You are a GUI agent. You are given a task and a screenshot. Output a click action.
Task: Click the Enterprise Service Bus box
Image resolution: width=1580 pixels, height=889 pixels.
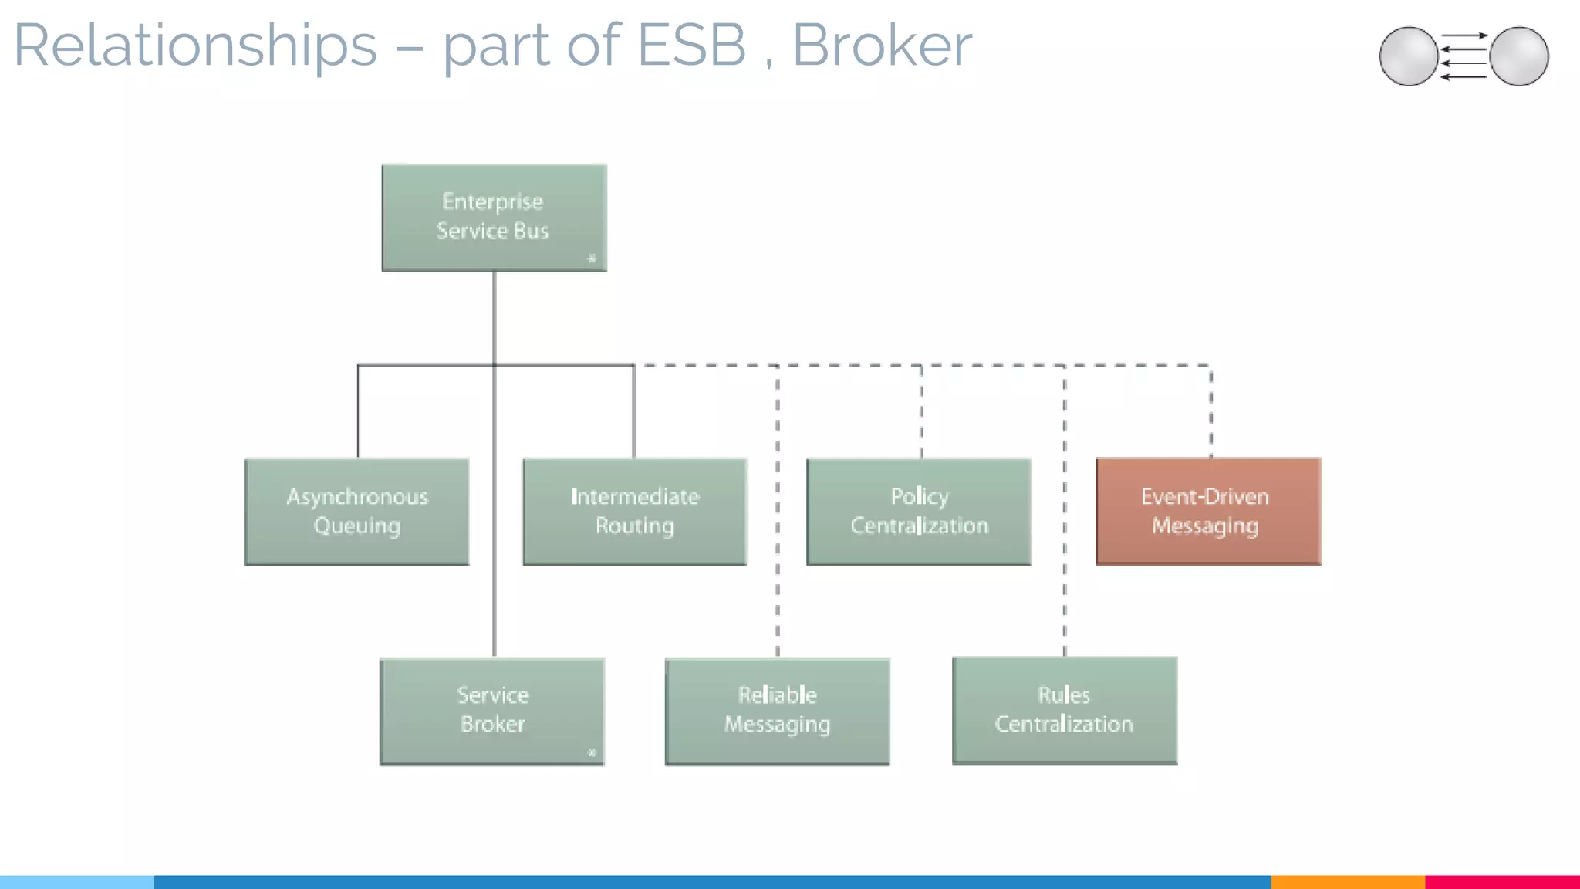click(494, 217)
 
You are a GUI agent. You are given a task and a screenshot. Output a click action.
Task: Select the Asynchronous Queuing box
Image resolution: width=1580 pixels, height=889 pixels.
click(356, 511)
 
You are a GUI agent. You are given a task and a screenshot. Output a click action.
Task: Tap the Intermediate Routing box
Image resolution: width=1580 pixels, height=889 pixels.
click(634, 511)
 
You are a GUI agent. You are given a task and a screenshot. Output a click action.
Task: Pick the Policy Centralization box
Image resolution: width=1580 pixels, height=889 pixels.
click(919, 511)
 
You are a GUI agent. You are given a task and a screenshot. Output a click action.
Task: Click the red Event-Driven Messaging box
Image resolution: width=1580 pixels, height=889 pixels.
click(1208, 511)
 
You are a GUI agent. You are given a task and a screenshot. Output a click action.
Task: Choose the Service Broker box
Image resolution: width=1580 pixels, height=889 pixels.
click(492, 711)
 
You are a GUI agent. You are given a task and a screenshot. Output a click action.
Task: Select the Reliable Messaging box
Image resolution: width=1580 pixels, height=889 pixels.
click(777, 711)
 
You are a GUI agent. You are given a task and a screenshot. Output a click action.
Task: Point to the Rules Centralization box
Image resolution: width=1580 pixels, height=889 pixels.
click(1065, 710)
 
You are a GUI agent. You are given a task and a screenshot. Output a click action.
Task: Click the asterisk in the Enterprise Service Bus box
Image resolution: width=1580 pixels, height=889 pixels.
click(592, 259)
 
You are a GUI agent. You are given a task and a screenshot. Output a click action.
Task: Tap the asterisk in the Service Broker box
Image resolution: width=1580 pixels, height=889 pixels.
click(592, 752)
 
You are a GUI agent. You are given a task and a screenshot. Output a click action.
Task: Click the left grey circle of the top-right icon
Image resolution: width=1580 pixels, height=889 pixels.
click(1408, 56)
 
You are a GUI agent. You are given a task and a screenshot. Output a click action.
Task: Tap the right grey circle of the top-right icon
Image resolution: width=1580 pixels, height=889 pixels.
click(1519, 56)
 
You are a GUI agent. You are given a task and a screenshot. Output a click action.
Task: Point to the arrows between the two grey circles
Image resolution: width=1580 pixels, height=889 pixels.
click(1464, 56)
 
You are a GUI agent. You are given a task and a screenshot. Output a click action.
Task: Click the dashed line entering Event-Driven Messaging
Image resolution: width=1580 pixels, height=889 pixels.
click(1210, 413)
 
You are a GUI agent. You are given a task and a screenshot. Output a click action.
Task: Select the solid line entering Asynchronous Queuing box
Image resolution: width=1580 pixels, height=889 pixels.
click(358, 413)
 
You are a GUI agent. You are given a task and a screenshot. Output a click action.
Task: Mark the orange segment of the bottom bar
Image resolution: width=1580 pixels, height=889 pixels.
click(1347, 881)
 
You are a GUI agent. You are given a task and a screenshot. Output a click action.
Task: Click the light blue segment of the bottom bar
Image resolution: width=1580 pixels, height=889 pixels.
click(77, 881)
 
